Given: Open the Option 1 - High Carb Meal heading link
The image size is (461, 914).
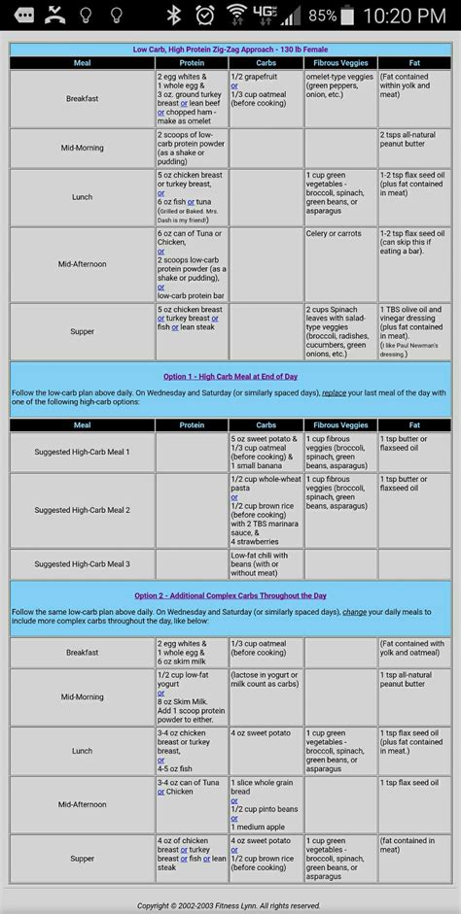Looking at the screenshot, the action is (x=230, y=376).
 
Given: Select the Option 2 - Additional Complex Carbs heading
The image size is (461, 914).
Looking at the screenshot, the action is (x=230, y=595).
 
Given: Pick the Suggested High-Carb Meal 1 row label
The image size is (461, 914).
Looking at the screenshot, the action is (x=82, y=452).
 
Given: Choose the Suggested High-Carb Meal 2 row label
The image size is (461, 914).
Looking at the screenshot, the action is (x=82, y=509).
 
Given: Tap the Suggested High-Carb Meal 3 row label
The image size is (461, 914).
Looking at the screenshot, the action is (x=82, y=563).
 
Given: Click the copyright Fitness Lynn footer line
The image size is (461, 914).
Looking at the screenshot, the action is (x=230, y=905).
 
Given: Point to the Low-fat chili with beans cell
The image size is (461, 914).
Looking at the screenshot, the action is (x=266, y=563).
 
